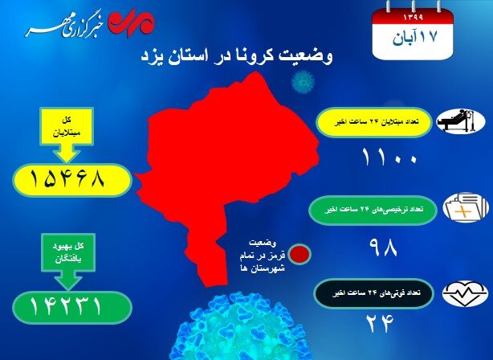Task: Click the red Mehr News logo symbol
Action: pos(131,22)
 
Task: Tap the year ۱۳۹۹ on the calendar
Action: pos(413,18)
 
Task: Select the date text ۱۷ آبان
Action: pos(414,38)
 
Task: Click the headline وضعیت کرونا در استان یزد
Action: pos(236,56)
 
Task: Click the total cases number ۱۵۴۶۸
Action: pos(67,180)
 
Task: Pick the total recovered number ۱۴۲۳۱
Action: pos(66,306)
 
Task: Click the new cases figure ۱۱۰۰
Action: pos(389,157)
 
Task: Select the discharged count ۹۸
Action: pos(383,247)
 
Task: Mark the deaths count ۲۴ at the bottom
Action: pos(380,324)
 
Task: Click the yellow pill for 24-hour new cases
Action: pos(374,122)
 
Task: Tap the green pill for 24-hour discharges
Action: pos(373,210)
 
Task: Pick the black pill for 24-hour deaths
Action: pos(374,293)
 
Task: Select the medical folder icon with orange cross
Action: pos(466,207)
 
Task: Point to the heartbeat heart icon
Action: pos(465,294)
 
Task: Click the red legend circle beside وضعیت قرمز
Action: pos(300,254)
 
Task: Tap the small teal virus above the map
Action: pos(303,82)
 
